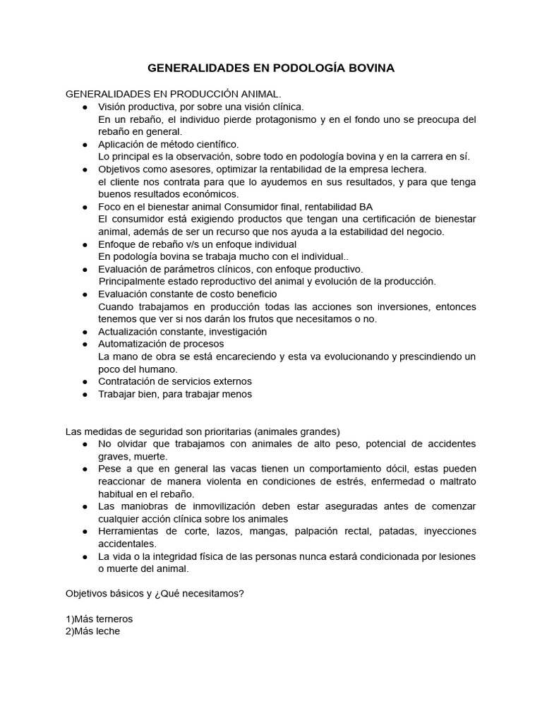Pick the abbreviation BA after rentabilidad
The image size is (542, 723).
coord(366,207)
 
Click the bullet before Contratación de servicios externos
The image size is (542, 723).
coord(84,381)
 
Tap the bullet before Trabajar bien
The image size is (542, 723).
coord(84,394)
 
